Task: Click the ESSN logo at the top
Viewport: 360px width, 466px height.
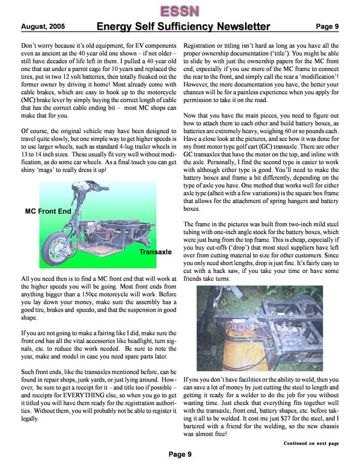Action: click(x=179, y=10)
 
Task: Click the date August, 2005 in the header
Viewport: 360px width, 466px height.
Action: click(x=39, y=26)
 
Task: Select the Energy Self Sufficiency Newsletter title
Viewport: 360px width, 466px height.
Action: click(x=183, y=26)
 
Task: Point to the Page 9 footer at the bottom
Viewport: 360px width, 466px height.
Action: click(x=180, y=454)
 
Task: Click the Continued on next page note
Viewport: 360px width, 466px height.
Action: click(x=311, y=443)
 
